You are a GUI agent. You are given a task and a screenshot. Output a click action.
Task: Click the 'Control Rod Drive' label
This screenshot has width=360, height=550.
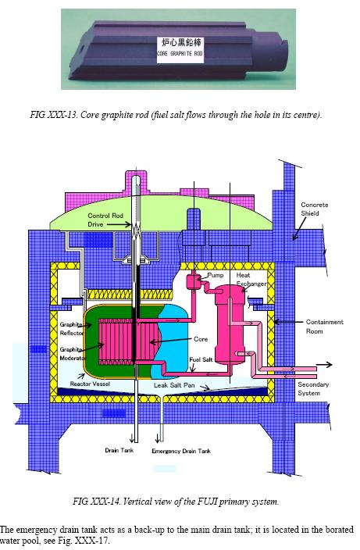[105, 220]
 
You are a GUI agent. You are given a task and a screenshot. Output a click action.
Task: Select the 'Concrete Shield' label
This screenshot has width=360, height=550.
[315, 209]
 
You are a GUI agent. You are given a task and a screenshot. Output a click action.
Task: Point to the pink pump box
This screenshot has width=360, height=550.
[192, 281]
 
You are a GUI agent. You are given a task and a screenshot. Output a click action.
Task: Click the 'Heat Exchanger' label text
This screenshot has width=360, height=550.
[251, 279]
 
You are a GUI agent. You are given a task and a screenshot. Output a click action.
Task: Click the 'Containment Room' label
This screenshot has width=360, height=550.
[324, 327]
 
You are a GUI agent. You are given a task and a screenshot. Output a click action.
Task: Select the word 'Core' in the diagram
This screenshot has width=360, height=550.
[201, 339]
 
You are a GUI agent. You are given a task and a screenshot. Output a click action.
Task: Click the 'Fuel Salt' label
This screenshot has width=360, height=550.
[201, 359]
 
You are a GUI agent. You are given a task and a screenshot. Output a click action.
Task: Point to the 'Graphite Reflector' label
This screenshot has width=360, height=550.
[72, 329]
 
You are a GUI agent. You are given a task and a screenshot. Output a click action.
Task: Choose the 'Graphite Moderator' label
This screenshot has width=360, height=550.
[72, 354]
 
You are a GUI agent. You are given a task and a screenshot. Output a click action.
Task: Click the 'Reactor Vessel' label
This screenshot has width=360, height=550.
[90, 384]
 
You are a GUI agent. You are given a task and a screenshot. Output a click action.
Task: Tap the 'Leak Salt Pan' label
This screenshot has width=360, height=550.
[174, 385]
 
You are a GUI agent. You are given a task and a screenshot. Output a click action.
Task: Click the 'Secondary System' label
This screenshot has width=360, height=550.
[313, 388]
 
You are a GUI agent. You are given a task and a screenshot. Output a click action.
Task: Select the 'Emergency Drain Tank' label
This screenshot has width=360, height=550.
[181, 451]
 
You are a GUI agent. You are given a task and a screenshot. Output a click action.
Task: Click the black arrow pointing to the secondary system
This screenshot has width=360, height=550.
[325, 365]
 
